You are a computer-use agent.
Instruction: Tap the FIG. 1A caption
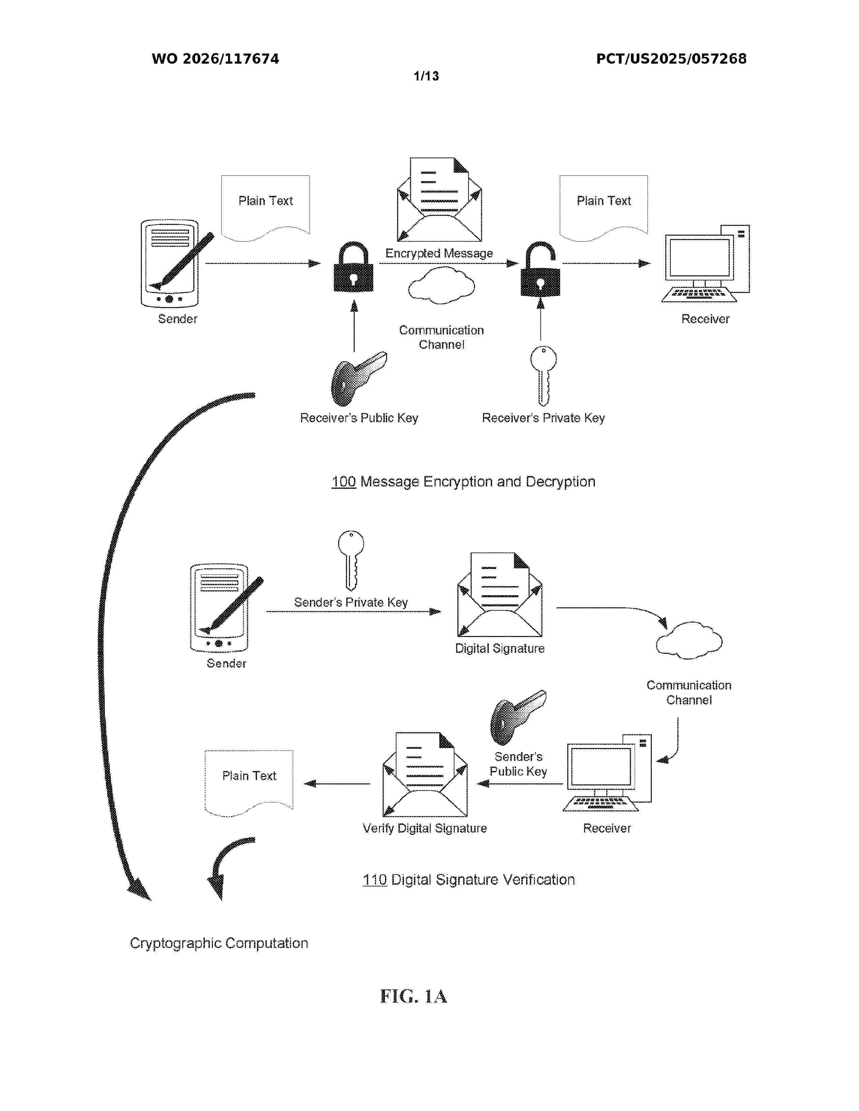[x=413, y=996]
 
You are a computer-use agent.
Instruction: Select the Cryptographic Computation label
[x=219, y=943]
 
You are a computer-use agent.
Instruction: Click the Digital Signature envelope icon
[x=500, y=595]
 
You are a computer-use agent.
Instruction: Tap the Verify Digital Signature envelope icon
[x=425, y=774]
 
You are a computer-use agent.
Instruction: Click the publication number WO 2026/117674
[x=215, y=59]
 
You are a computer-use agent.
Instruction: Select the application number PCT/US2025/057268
[x=671, y=59]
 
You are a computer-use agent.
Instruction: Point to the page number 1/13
[x=426, y=76]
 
